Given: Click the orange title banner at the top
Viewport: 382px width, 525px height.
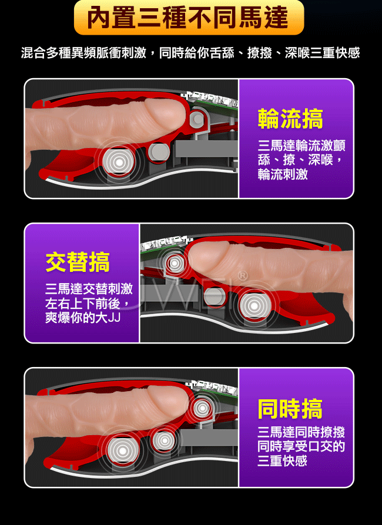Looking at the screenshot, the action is click(189, 17).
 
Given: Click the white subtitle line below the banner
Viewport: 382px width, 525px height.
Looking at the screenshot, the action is click(190, 53).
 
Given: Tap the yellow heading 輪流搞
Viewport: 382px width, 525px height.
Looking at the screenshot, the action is click(290, 119).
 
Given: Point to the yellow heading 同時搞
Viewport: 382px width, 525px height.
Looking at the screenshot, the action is click(290, 409).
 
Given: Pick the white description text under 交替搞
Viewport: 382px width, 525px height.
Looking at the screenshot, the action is click(89, 303).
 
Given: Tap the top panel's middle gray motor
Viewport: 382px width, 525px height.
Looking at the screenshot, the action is click(159, 152).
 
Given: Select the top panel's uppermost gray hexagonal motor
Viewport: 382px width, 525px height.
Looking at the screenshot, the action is click(198, 119).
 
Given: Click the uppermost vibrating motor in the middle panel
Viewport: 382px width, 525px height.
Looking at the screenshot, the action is click(175, 264).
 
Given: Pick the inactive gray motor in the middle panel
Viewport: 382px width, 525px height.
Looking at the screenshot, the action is click(214, 295).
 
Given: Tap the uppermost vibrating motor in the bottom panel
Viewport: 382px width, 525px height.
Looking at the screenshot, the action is click(202, 408).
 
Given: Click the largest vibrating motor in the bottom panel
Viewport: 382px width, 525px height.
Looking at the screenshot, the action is click(122, 451).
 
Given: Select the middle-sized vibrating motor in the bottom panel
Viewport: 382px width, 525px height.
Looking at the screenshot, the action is click(164, 440).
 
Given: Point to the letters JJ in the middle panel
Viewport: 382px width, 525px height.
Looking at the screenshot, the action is click(114, 318).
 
